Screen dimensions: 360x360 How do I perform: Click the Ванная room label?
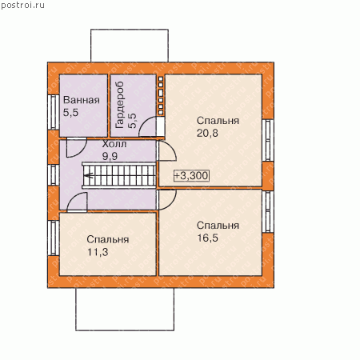click(x=82, y=100)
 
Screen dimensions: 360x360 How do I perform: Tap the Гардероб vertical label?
click(x=120, y=105)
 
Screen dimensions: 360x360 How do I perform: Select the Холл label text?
click(x=114, y=144)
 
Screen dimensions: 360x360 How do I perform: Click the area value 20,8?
click(x=207, y=133)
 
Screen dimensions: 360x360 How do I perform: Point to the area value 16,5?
click(x=207, y=238)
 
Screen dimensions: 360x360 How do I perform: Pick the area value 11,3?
click(x=98, y=252)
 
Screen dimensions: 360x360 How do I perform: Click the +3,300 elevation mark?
click(x=191, y=176)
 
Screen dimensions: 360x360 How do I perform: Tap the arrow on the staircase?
click(x=88, y=175)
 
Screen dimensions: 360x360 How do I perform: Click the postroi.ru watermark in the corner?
click(x=22, y=6)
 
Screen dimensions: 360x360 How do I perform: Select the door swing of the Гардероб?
click(x=146, y=126)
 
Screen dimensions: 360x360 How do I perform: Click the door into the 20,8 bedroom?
click(x=167, y=150)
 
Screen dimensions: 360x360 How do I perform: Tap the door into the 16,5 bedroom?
click(x=167, y=199)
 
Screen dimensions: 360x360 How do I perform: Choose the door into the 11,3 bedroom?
click(x=77, y=202)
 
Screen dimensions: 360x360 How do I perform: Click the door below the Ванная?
click(x=77, y=147)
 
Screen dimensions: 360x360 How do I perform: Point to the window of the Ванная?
click(x=54, y=112)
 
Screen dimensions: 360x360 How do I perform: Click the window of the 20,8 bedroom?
click(x=268, y=140)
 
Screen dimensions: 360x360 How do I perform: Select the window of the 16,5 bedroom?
click(x=268, y=211)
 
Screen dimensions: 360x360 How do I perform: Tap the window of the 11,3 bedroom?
click(x=54, y=238)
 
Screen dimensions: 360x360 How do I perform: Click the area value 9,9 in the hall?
click(x=110, y=156)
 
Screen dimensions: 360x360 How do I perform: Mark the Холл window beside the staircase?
click(x=54, y=175)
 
